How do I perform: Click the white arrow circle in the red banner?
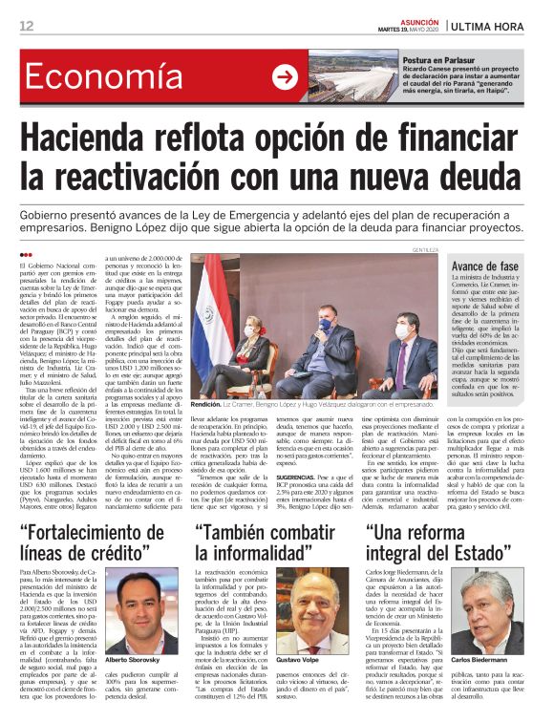click(x=284, y=77)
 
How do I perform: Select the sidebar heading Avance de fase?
click(x=484, y=266)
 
